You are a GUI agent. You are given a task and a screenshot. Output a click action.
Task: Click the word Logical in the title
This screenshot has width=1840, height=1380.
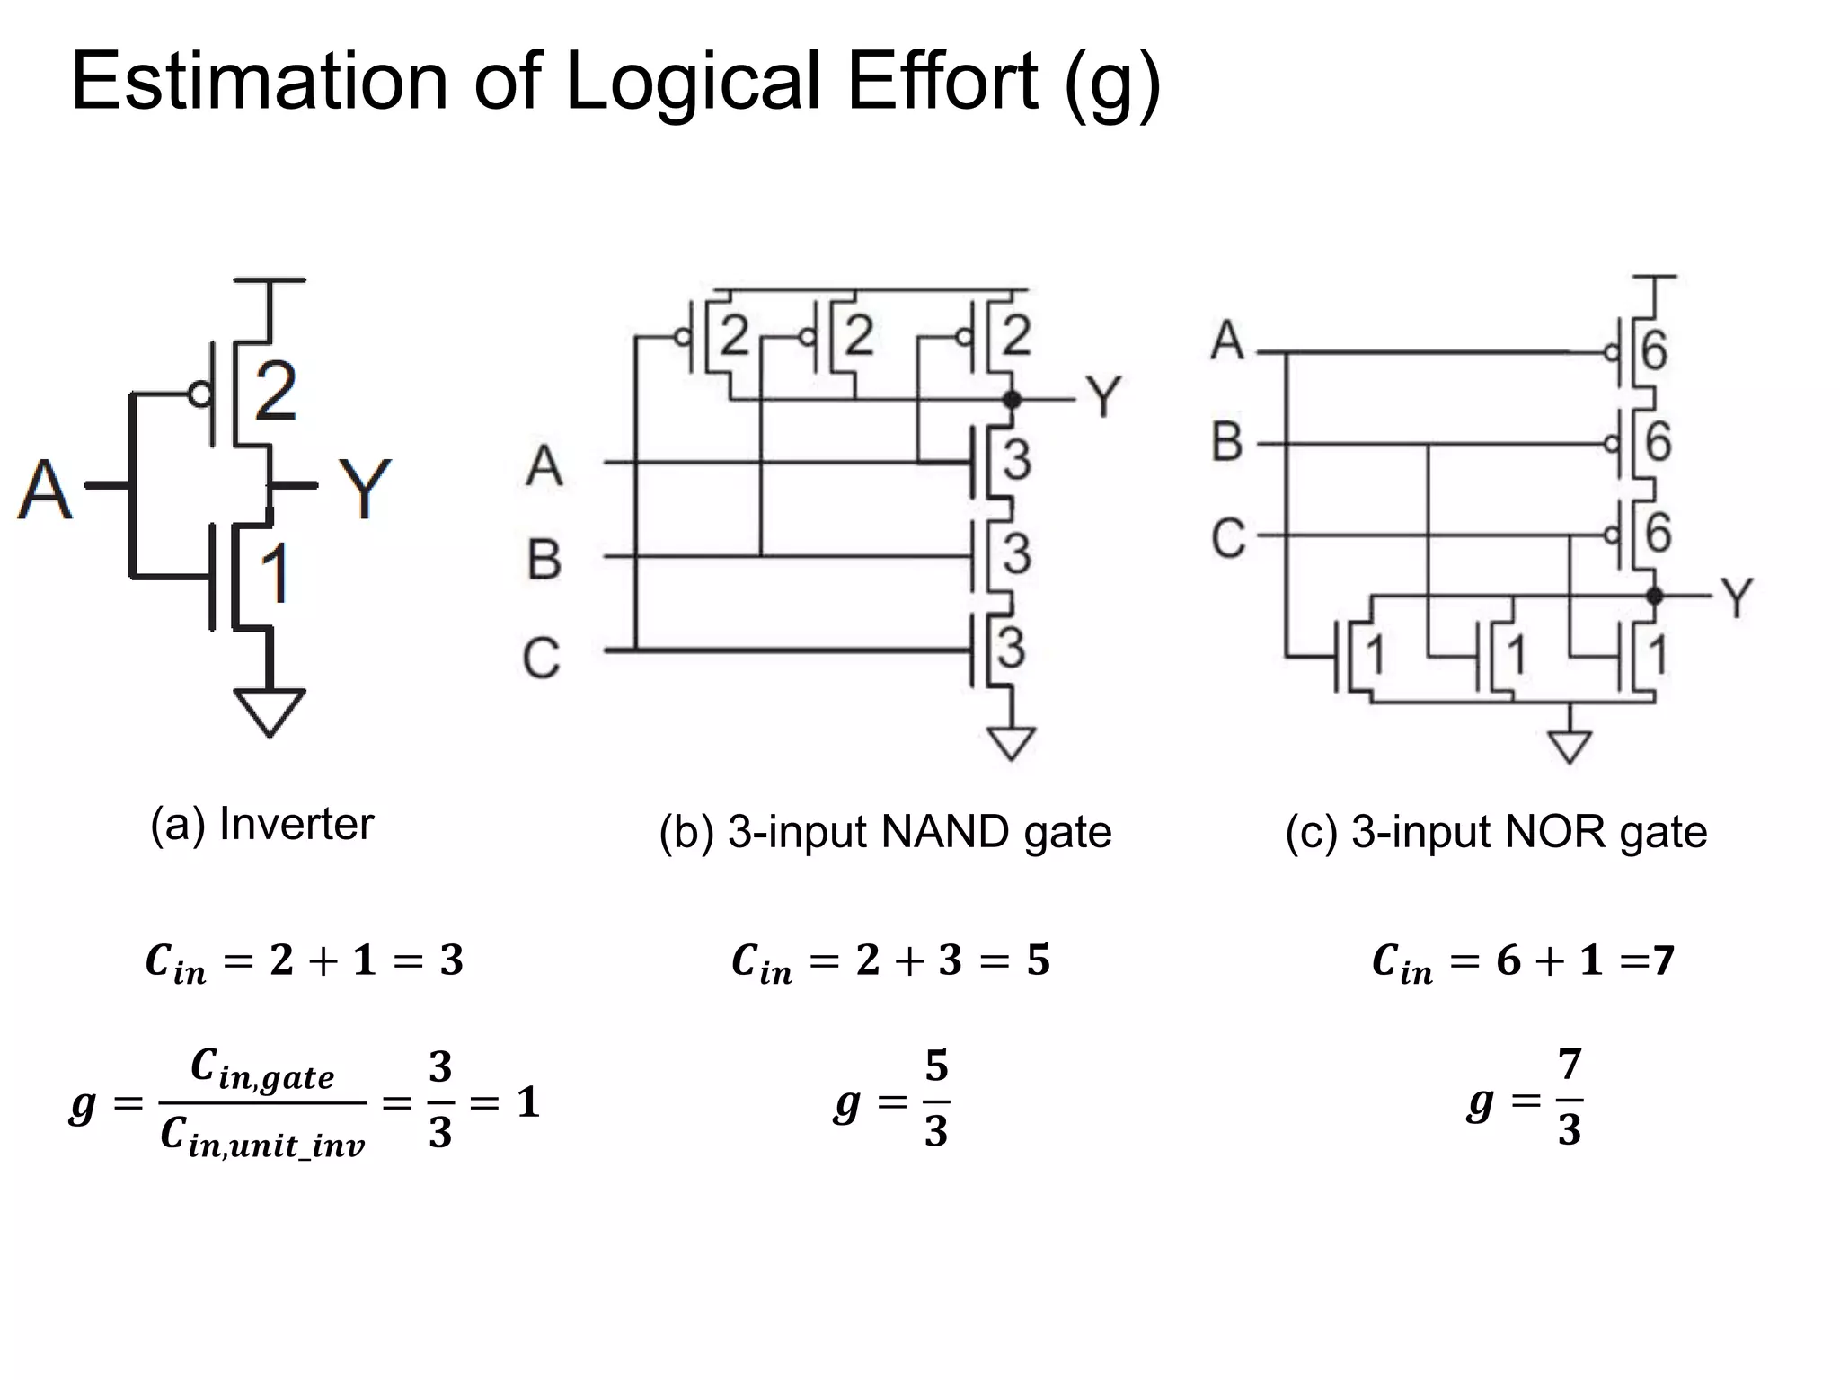pyautogui.click(x=691, y=83)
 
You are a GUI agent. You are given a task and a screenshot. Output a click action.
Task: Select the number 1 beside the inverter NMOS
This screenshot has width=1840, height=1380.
pyautogui.click(x=275, y=572)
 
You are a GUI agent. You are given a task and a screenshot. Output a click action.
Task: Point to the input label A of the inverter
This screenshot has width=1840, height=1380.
pyautogui.click(x=44, y=490)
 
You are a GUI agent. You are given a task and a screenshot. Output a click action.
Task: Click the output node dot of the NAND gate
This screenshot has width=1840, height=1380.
pyautogui.click(x=1012, y=399)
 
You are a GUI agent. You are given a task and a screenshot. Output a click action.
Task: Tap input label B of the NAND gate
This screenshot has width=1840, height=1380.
pyautogui.click(x=544, y=559)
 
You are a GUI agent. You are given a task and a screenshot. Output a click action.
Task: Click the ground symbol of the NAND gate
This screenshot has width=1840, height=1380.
pyautogui.click(x=1012, y=743)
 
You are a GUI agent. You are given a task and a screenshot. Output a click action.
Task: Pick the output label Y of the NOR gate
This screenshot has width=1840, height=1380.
pyautogui.click(x=1737, y=597)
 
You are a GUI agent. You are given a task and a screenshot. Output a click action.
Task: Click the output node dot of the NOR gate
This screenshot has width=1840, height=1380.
pyautogui.click(x=1654, y=596)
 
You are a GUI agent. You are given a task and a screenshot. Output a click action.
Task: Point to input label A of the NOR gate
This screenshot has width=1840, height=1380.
pyautogui.click(x=1227, y=341)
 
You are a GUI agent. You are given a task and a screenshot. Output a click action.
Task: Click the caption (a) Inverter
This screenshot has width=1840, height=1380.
pyautogui.click(x=261, y=824)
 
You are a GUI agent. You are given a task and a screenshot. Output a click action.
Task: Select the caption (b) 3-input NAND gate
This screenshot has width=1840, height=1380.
pyautogui.click(x=885, y=832)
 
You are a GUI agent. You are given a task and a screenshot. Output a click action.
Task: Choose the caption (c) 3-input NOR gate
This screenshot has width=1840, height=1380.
pyautogui.click(x=1496, y=832)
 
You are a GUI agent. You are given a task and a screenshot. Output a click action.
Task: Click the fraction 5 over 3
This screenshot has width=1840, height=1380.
pyautogui.click(x=936, y=1099)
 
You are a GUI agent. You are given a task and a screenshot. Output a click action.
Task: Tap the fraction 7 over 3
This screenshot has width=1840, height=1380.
pyautogui.click(x=1569, y=1097)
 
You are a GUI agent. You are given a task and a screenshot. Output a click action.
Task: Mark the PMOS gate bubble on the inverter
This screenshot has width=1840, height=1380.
pyautogui.click(x=199, y=394)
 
